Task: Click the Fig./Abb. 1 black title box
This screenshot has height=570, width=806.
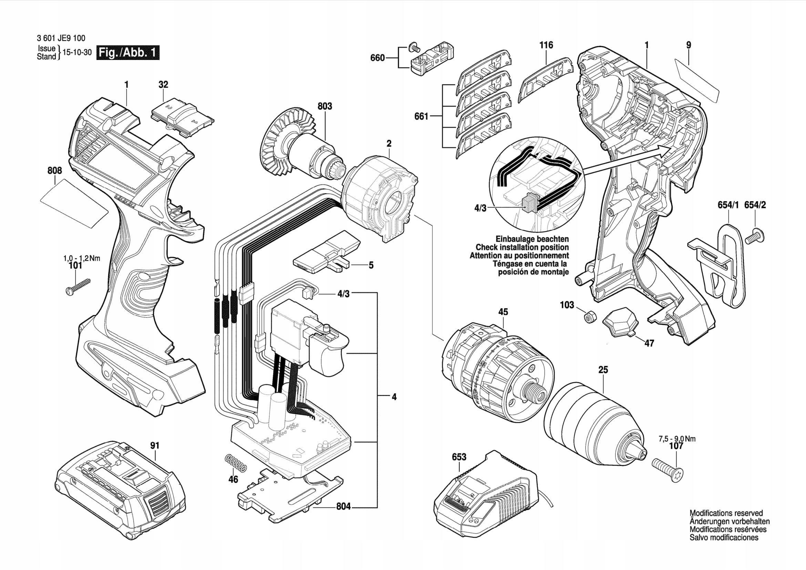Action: click(x=128, y=53)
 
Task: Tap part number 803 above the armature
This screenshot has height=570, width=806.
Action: click(x=325, y=106)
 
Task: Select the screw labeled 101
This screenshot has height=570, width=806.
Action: click(x=78, y=286)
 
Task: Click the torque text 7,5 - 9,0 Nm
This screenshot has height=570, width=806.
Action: click(x=677, y=439)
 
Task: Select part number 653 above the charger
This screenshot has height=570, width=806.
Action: click(x=459, y=457)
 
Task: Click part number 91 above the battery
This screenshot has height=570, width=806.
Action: click(x=155, y=445)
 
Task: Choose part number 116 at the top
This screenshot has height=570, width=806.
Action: click(x=546, y=45)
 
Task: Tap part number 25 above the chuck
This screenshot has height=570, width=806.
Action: click(x=603, y=369)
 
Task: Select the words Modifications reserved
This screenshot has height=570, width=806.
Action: click(x=726, y=513)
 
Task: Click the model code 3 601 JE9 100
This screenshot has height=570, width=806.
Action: click(x=61, y=38)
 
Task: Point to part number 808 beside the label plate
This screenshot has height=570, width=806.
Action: click(x=55, y=171)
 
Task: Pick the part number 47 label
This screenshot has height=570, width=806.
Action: click(x=650, y=343)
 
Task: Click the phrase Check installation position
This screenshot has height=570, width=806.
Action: click(x=522, y=247)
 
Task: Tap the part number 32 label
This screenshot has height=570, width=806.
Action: click(x=163, y=84)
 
